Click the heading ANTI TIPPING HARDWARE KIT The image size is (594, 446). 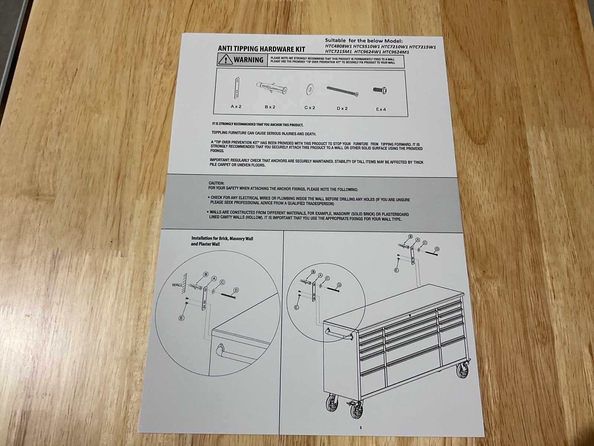(261, 49)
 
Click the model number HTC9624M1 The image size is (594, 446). (396, 52)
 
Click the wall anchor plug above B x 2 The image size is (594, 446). (272, 87)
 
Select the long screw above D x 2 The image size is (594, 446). (343, 92)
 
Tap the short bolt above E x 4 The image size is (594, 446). (380, 90)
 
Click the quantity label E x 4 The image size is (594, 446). (381, 109)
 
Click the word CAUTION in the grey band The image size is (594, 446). (216, 183)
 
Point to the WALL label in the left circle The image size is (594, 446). (177, 285)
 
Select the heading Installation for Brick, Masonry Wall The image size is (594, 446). (222, 239)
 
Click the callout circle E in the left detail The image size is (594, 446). (182, 318)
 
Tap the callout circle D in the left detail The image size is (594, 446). (236, 290)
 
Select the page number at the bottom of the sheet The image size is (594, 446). (361, 427)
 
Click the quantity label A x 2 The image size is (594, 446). (236, 107)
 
